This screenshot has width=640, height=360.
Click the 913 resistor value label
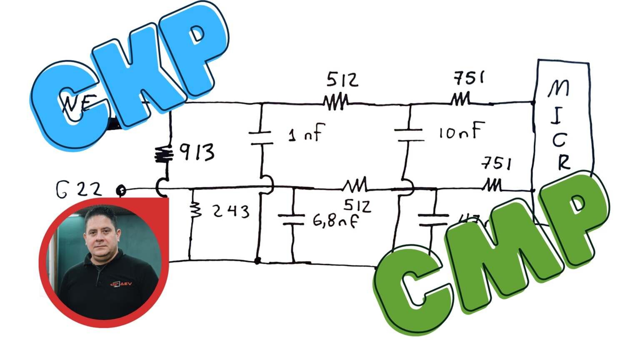[x=197, y=152]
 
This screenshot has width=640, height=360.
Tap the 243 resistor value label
[x=231, y=211]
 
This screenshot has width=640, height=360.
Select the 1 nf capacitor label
[x=307, y=133]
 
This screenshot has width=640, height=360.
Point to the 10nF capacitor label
[x=462, y=131]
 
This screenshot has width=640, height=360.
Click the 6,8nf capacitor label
[x=335, y=221]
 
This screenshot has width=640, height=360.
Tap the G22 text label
[x=78, y=190]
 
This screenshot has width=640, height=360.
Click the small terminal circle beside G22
[x=121, y=190]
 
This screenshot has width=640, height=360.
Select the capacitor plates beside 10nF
[x=409, y=135]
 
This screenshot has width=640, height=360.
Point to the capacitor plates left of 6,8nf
[x=292, y=220]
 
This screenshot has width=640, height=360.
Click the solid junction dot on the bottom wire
[x=257, y=261]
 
